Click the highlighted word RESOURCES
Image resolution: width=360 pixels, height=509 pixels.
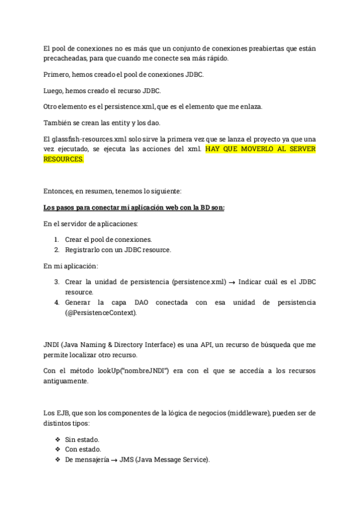(x=64, y=160)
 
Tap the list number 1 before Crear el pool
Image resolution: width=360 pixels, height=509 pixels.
(x=56, y=239)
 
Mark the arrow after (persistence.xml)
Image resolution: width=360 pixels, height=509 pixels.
(x=232, y=282)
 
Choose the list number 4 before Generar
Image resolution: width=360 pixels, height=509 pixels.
(x=56, y=303)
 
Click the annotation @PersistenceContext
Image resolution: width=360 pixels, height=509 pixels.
(x=101, y=313)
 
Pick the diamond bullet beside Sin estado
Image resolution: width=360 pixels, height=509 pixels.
(x=58, y=439)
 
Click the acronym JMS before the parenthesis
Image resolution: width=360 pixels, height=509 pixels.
(x=127, y=460)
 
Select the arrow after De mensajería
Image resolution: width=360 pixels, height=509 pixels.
(x=113, y=460)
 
